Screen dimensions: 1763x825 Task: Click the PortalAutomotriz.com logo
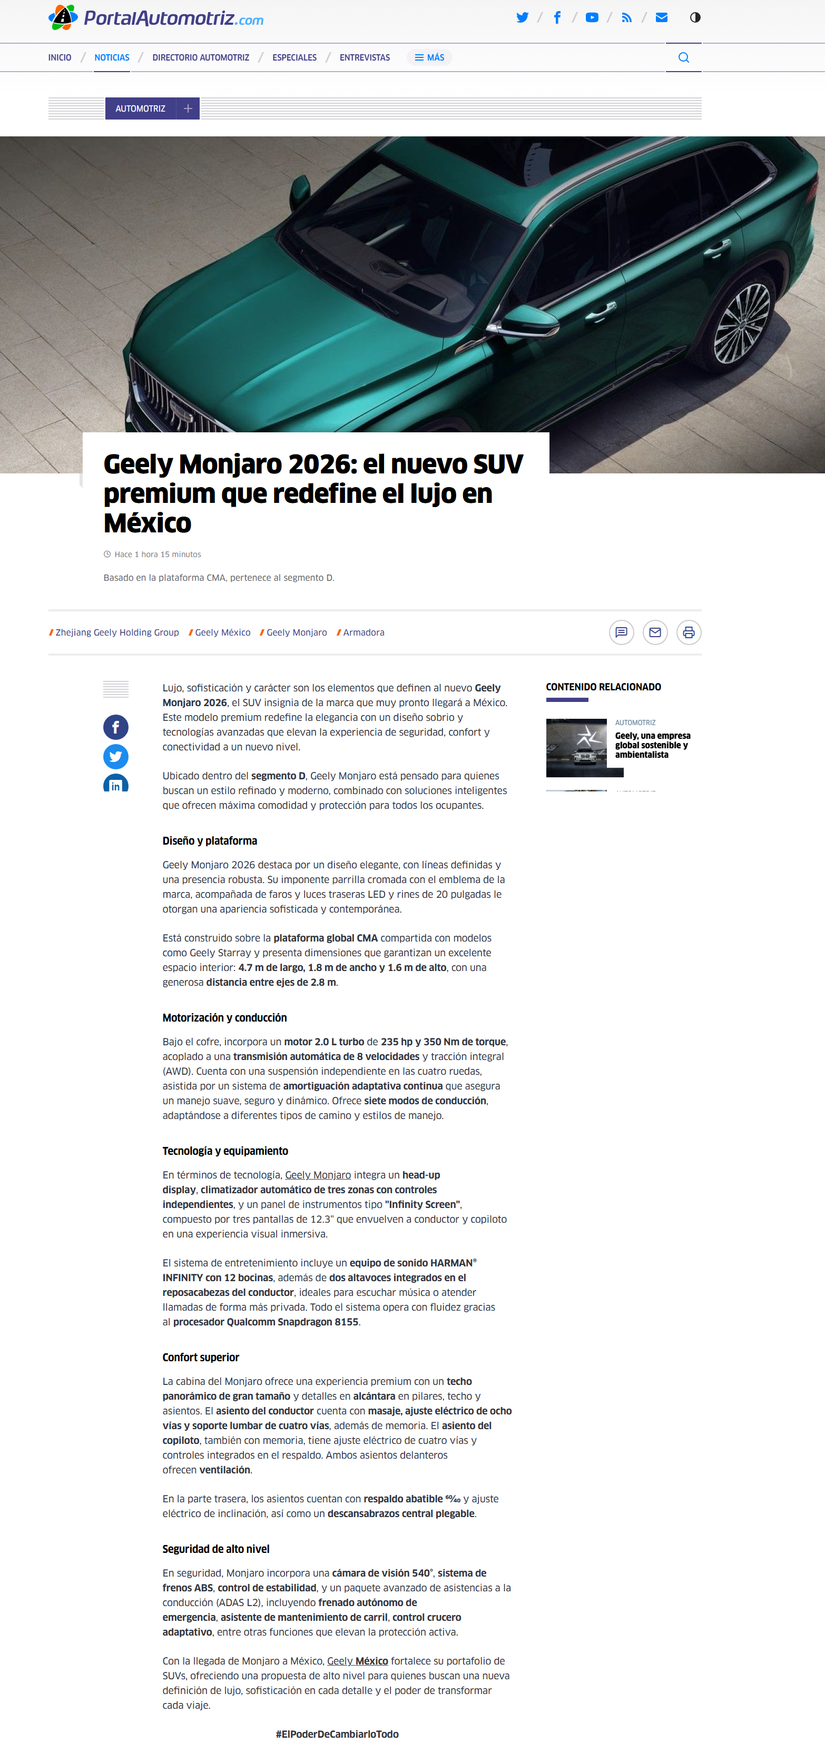[x=156, y=18]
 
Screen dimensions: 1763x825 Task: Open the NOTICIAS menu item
[x=112, y=57]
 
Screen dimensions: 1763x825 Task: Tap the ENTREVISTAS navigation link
[x=364, y=57]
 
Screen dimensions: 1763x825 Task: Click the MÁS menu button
[x=429, y=57]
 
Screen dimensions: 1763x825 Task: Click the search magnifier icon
[x=683, y=57]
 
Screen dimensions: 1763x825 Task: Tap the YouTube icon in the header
[x=592, y=18]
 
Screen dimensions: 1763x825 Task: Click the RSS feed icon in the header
[x=626, y=18]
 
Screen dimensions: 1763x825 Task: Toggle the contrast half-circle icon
[x=695, y=18]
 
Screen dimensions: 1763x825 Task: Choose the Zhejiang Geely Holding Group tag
[x=117, y=632]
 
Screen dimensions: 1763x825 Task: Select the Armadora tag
[x=364, y=632]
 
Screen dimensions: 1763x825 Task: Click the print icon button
[x=689, y=632]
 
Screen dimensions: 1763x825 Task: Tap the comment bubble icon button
[x=621, y=632]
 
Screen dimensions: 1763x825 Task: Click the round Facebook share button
[x=116, y=727]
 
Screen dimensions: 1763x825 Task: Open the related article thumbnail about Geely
[x=576, y=747]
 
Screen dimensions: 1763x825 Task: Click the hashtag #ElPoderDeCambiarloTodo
[x=337, y=1734]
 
